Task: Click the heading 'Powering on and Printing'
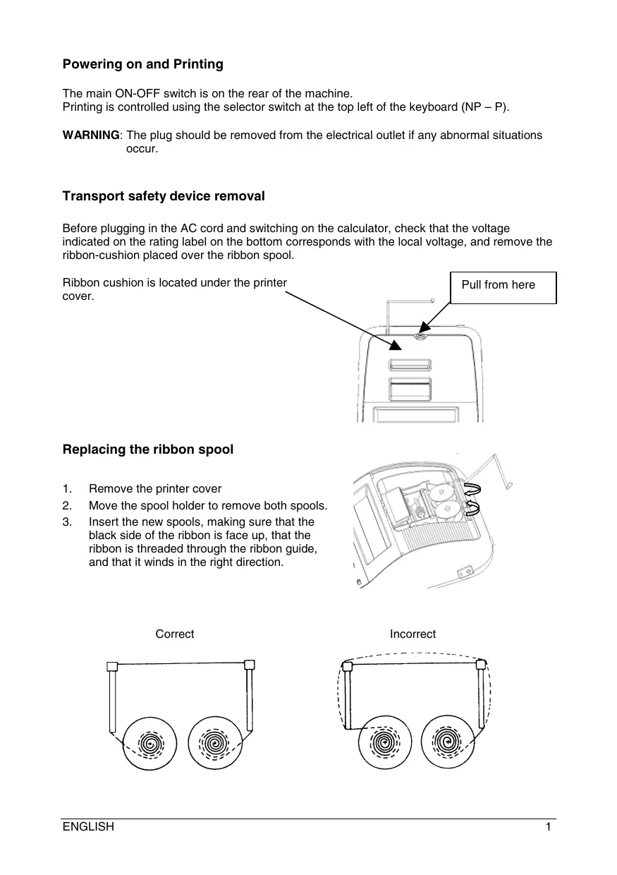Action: (142, 64)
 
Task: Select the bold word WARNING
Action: (91, 135)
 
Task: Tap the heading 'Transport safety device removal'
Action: (164, 196)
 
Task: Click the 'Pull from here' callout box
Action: (503, 286)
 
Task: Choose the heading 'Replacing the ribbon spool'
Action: (147, 449)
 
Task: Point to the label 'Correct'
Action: (175, 634)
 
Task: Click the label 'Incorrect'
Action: (413, 634)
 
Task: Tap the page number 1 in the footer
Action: (548, 827)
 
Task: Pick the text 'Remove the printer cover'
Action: (155, 489)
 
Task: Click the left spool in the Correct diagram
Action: (150, 744)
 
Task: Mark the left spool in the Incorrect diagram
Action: (384, 744)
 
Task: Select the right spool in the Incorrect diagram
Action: (446, 744)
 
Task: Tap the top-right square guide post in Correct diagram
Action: (249, 664)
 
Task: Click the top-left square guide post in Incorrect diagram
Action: (347, 665)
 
